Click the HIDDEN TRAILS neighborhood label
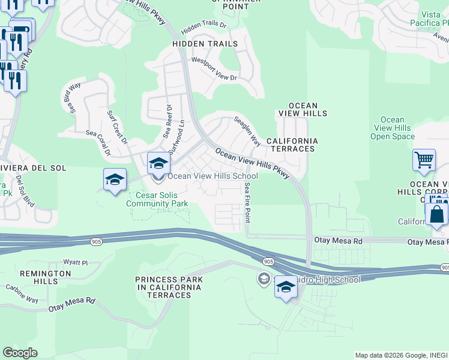pyautogui.click(x=205, y=44)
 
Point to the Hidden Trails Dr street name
pyautogui.click(x=203, y=27)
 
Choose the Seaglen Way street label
pyautogui.click(x=247, y=130)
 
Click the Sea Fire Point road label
pyautogui.click(x=247, y=201)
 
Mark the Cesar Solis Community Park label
pyautogui.click(x=157, y=199)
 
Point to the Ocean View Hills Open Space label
pyautogui.click(x=393, y=128)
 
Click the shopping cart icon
pyautogui.click(x=424, y=160)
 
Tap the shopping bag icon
pyautogui.click(x=436, y=214)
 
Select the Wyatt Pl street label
pyautogui.click(x=76, y=262)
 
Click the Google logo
pyautogui.click(x=20, y=352)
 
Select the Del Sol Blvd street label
pyautogui.click(x=26, y=191)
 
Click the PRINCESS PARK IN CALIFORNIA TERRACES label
pyautogui.click(x=169, y=284)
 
